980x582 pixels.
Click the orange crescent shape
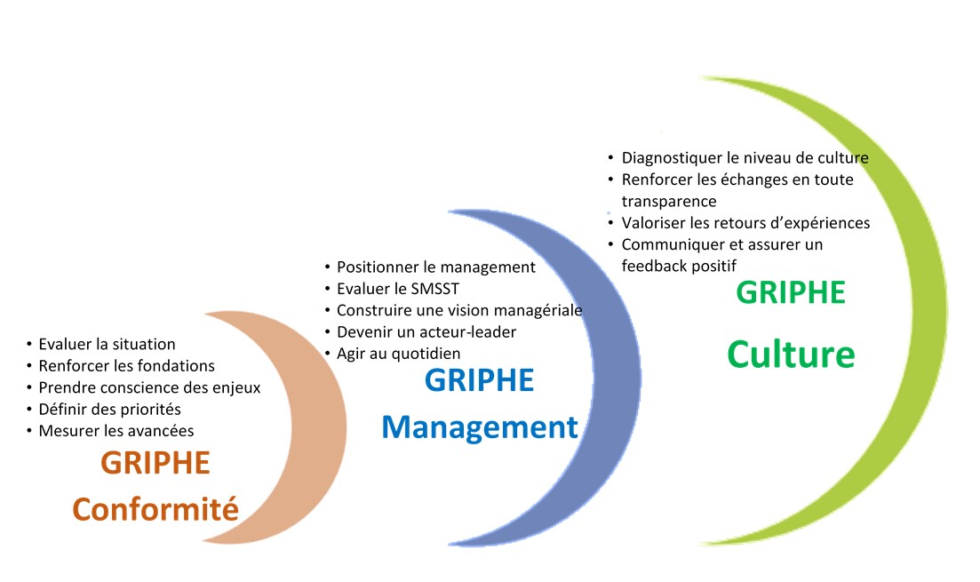point(319,428)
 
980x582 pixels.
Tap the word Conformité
point(155,509)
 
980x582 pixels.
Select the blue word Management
point(480,427)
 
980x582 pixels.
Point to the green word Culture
point(791,355)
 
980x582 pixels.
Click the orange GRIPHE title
point(155,463)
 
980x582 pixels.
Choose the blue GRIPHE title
point(480,380)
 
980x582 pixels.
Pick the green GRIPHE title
point(791,292)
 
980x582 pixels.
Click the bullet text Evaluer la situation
point(107,345)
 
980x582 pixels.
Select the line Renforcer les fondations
point(127,366)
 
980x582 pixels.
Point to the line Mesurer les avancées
point(116,431)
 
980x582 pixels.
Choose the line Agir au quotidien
point(399,354)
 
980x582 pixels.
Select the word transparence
point(669,202)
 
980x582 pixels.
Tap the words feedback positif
point(679,267)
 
